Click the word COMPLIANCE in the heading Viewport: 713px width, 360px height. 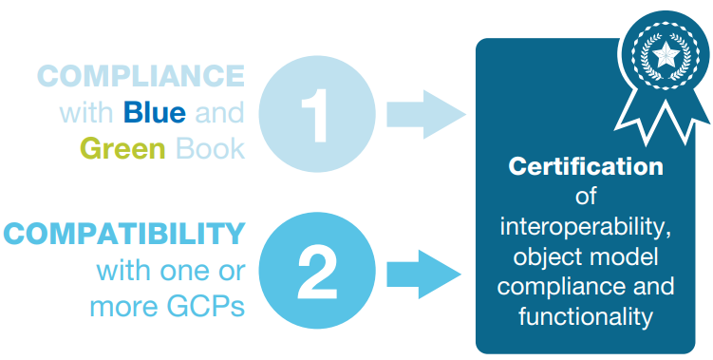click(x=141, y=76)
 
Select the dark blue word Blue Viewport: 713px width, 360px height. click(x=155, y=113)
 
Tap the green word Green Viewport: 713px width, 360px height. click(x=122, y=148)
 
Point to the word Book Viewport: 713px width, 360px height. click(x=210, y=147)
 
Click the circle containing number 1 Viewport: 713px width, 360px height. click(x=317, y=114)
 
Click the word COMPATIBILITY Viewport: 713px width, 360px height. click(x=124, y=234)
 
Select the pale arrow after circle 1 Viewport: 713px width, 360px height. click(x=426, y=114)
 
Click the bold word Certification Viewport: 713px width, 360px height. click(x=586, y=166)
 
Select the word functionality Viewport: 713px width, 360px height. click(x=586, y=316)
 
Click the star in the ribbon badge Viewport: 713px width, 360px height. click(x=666, y=55)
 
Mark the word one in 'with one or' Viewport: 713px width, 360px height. click(x=181, y=273)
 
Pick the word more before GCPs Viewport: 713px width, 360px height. click(x=124, y=308)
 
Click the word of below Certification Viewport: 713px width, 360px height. click(x=586, y=197)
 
